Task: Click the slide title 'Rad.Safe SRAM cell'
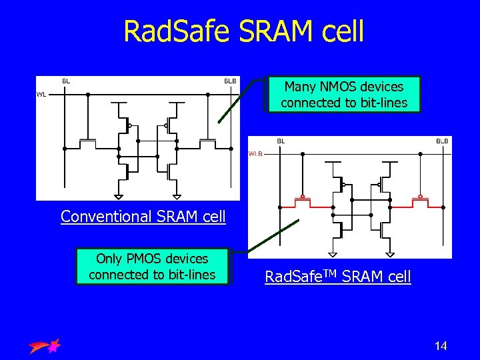pos(244,31)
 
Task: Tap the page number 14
pos(440,345)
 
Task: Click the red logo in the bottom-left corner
pos(45,345)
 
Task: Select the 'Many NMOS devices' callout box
pos(343,95)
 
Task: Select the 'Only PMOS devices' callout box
pos(152,267)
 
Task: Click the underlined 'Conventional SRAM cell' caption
pos(143,217)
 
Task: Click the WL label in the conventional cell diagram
pos(41,95)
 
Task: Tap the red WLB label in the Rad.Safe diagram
pos(256,153)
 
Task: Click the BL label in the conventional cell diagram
pos(66,81)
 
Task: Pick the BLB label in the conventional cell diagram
pos(229,81)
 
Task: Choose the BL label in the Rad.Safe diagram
pos(281,141)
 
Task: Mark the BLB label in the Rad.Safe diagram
pos(442,141)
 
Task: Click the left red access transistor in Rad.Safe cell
pos(302,202)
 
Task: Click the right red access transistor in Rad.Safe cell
pos(420,202)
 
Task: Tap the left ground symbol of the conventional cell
pos(119,196)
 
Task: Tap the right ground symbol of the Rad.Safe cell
pos(390,254)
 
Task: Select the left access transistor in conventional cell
pos(87,143)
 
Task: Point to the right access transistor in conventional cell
pos(207,143)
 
